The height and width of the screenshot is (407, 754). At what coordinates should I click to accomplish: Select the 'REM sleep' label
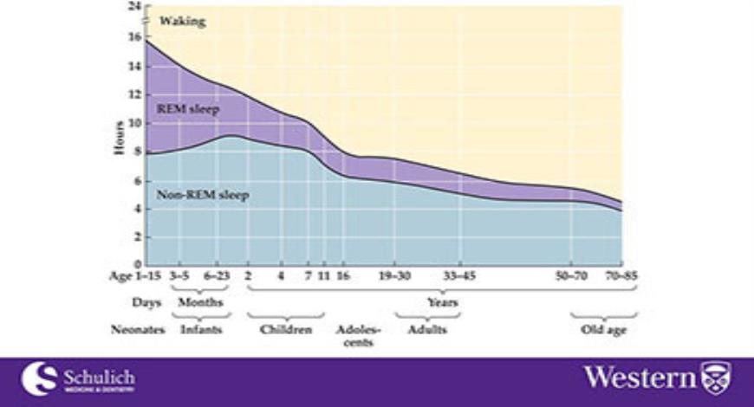(187, 109)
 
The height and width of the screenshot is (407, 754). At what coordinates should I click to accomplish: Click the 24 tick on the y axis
(134, 7)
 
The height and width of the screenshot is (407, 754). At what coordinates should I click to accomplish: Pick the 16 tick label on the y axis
(134, 37)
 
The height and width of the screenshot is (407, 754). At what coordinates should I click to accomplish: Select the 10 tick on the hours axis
(134, 122)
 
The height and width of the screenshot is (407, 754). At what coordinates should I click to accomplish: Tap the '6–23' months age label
(217, 277)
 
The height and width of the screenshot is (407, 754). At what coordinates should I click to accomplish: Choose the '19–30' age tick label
(395, 277)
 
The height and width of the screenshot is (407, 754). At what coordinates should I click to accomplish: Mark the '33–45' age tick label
(459, 277)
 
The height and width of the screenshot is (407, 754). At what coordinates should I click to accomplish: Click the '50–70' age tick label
(571, 277)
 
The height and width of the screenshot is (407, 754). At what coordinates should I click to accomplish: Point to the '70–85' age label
(621, 277)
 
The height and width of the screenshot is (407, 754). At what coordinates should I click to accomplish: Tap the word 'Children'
(286, 330)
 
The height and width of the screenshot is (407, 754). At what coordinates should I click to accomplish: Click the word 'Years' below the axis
(442, 302)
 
